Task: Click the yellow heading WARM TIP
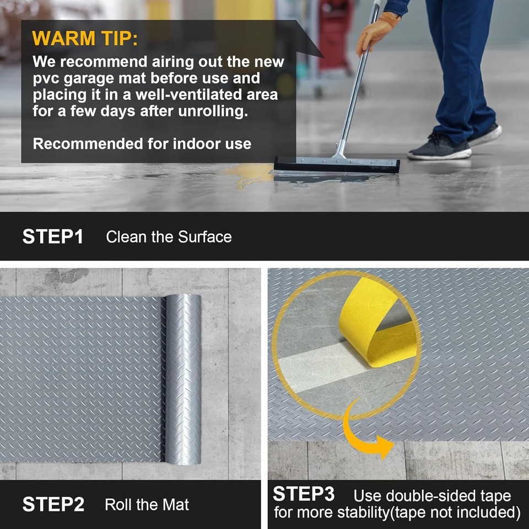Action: pyautogui.click(x=85, y=39)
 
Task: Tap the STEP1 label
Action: pyautogui.click(x=53, y=237)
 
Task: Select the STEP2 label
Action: pyautogui.click(x=53, y=504)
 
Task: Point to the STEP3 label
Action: pyautogui.click(x=303, y=494)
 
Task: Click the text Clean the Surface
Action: pyautogui.click(x=169, y=237)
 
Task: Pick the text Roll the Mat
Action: pyautogui.click(x=147, y=504)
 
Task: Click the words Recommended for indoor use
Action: pyautogui.click(x=142, y=144)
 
